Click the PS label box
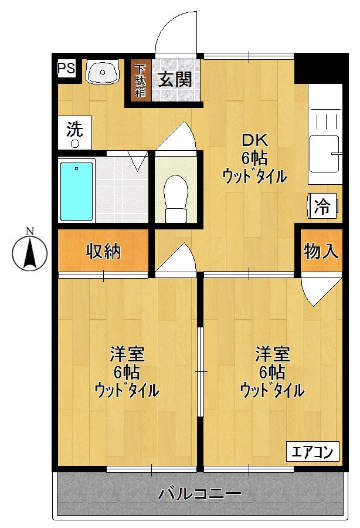[66, 68]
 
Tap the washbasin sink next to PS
[103, 73]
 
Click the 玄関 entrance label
[175, 79]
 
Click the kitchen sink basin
[324, 153]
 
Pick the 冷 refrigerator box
[322, 206]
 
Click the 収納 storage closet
[103, 251]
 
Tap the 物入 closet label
[321, 251]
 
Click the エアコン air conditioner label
[313, 452]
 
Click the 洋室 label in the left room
[127, 354]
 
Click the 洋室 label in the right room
[271, 354]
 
